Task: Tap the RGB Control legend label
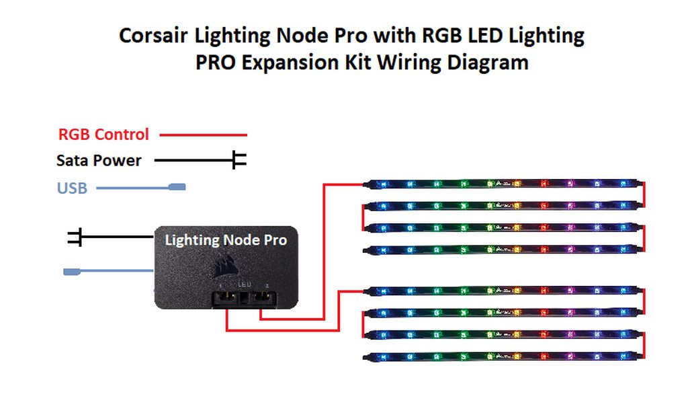pos(103,135)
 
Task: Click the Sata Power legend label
pos(99,161)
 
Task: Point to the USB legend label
pos(72,188)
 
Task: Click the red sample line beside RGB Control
pos(203,135)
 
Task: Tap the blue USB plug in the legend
pos(176,188)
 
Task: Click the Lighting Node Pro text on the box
pos(226,239)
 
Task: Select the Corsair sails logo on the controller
pos(222,268)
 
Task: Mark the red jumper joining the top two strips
pos(644,194)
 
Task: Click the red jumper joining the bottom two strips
pos(644,344)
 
